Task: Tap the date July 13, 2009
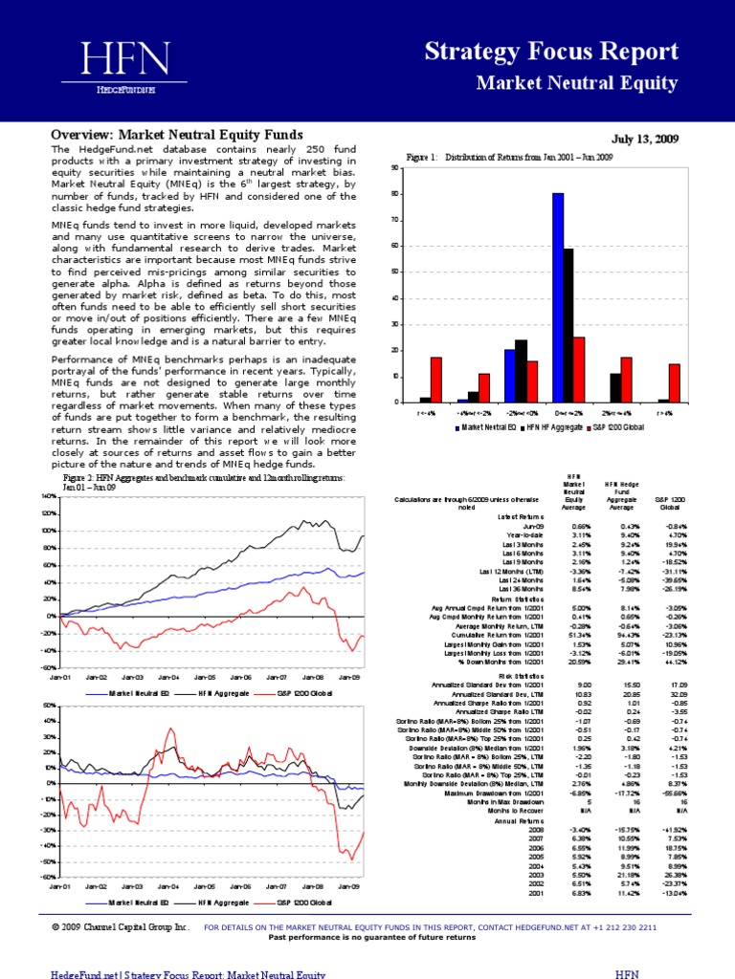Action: (645, 140)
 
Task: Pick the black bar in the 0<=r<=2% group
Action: (568, 325)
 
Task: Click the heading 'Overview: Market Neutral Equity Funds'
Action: (177, 135)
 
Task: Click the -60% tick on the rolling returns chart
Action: (48, 876)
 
